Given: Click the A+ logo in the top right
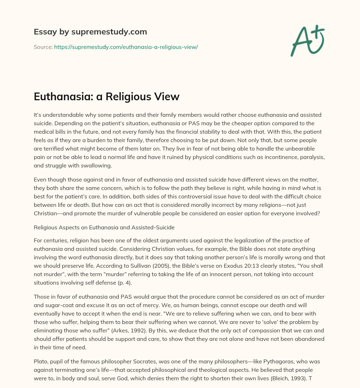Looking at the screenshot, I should tap(307, 40).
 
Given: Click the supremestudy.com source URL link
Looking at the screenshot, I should tap(126, 47).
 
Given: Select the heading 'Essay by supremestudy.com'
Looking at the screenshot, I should tap(90, 32).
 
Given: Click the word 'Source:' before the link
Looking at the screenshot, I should tap(43, 47).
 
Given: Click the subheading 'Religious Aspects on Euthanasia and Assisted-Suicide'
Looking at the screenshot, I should tap(104, 227).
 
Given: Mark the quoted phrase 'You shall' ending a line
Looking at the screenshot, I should tap(311, 266).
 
